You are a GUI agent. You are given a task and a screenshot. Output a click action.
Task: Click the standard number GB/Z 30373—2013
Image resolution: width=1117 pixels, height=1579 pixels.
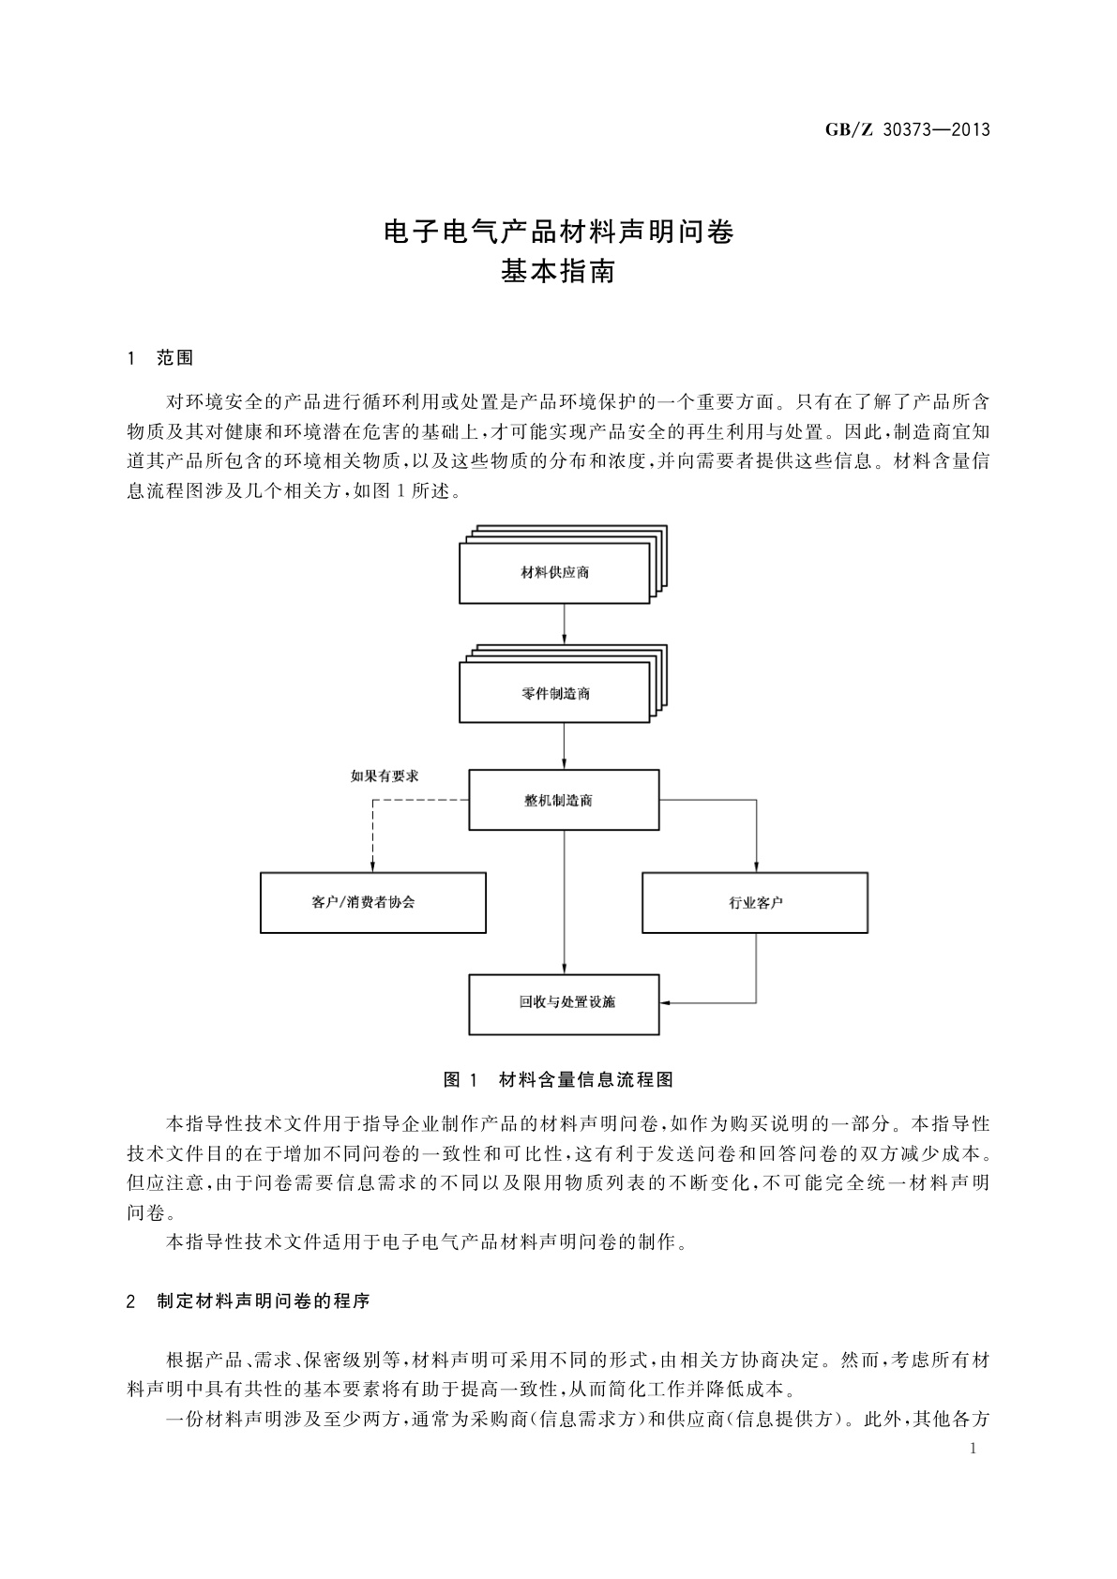pos(908,130)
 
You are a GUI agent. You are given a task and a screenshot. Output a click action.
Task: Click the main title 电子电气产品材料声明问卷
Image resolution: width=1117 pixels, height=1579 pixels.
pos(559,232)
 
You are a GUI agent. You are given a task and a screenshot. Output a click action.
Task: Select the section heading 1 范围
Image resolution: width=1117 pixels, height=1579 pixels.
pos(160,358)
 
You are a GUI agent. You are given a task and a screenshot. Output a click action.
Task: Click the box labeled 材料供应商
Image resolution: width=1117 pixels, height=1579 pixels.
pos(554,572)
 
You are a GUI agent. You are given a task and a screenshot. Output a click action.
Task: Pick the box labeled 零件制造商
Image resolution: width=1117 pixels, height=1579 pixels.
pos(554,693)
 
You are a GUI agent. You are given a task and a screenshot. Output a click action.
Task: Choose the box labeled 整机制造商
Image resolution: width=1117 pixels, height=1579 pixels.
pos(564,800)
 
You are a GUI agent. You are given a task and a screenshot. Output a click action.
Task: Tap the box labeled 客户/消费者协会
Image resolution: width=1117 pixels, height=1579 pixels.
pos(372,902)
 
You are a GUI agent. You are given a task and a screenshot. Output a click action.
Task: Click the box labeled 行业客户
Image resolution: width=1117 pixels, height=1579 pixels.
pos(755,902)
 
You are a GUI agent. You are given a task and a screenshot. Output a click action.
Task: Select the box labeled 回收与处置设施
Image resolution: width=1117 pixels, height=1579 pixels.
pos(564,1002)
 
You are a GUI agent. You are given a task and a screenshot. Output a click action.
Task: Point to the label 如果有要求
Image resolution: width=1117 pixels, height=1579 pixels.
pos(384,775)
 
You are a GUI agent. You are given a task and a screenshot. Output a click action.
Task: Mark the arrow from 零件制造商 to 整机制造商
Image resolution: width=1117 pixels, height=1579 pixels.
pos(564,746)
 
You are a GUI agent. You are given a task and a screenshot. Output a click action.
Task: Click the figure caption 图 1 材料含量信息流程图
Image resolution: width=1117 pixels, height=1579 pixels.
pos(558,1079)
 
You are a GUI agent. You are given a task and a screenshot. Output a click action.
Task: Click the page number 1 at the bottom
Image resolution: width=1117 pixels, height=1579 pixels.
pos(973,1449)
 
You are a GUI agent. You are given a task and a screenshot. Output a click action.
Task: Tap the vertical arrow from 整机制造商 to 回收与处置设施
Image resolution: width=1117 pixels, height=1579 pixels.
pos(564,900)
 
